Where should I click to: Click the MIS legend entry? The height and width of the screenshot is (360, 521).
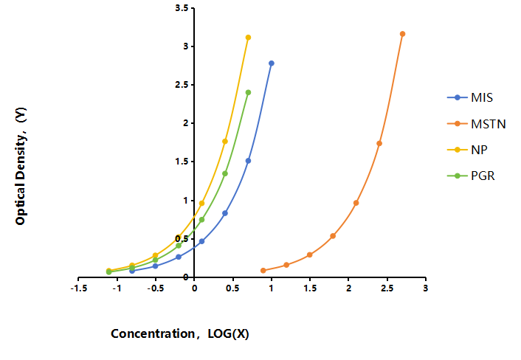coord(470,97)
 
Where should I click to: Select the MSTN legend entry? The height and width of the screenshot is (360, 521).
coord(477,124)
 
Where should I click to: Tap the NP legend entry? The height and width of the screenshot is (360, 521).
coord(467,150)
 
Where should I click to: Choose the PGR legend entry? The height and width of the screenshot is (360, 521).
coord(471,176)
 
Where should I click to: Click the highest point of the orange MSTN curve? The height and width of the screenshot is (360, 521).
coord(402,34)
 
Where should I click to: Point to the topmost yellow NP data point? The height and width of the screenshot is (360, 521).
coord(248,38)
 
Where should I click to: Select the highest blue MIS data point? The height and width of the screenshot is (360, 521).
coord(272,63)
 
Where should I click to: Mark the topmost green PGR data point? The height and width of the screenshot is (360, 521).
coord(248,93)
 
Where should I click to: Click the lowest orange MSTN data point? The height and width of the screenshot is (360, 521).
coord(263,271)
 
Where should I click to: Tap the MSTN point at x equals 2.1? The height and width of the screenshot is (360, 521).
coord(356,203)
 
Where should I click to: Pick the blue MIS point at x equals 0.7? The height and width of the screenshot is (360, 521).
coord(248,161)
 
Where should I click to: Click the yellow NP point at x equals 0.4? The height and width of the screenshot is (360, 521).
coord(225,142)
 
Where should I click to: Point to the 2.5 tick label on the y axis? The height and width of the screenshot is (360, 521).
coord(182,85)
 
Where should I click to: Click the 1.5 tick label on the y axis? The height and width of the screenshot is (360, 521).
coord(182,162)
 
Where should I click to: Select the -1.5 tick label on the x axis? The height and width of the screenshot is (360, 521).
coord(79,288)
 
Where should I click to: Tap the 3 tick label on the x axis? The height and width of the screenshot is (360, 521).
coord(426,288)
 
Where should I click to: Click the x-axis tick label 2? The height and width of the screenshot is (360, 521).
coord(348,288)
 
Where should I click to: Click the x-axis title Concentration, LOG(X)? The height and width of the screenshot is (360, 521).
coord(180,333)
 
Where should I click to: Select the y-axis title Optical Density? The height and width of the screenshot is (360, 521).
coord(21,166)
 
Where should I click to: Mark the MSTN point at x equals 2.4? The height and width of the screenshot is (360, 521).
coord(379,143)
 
